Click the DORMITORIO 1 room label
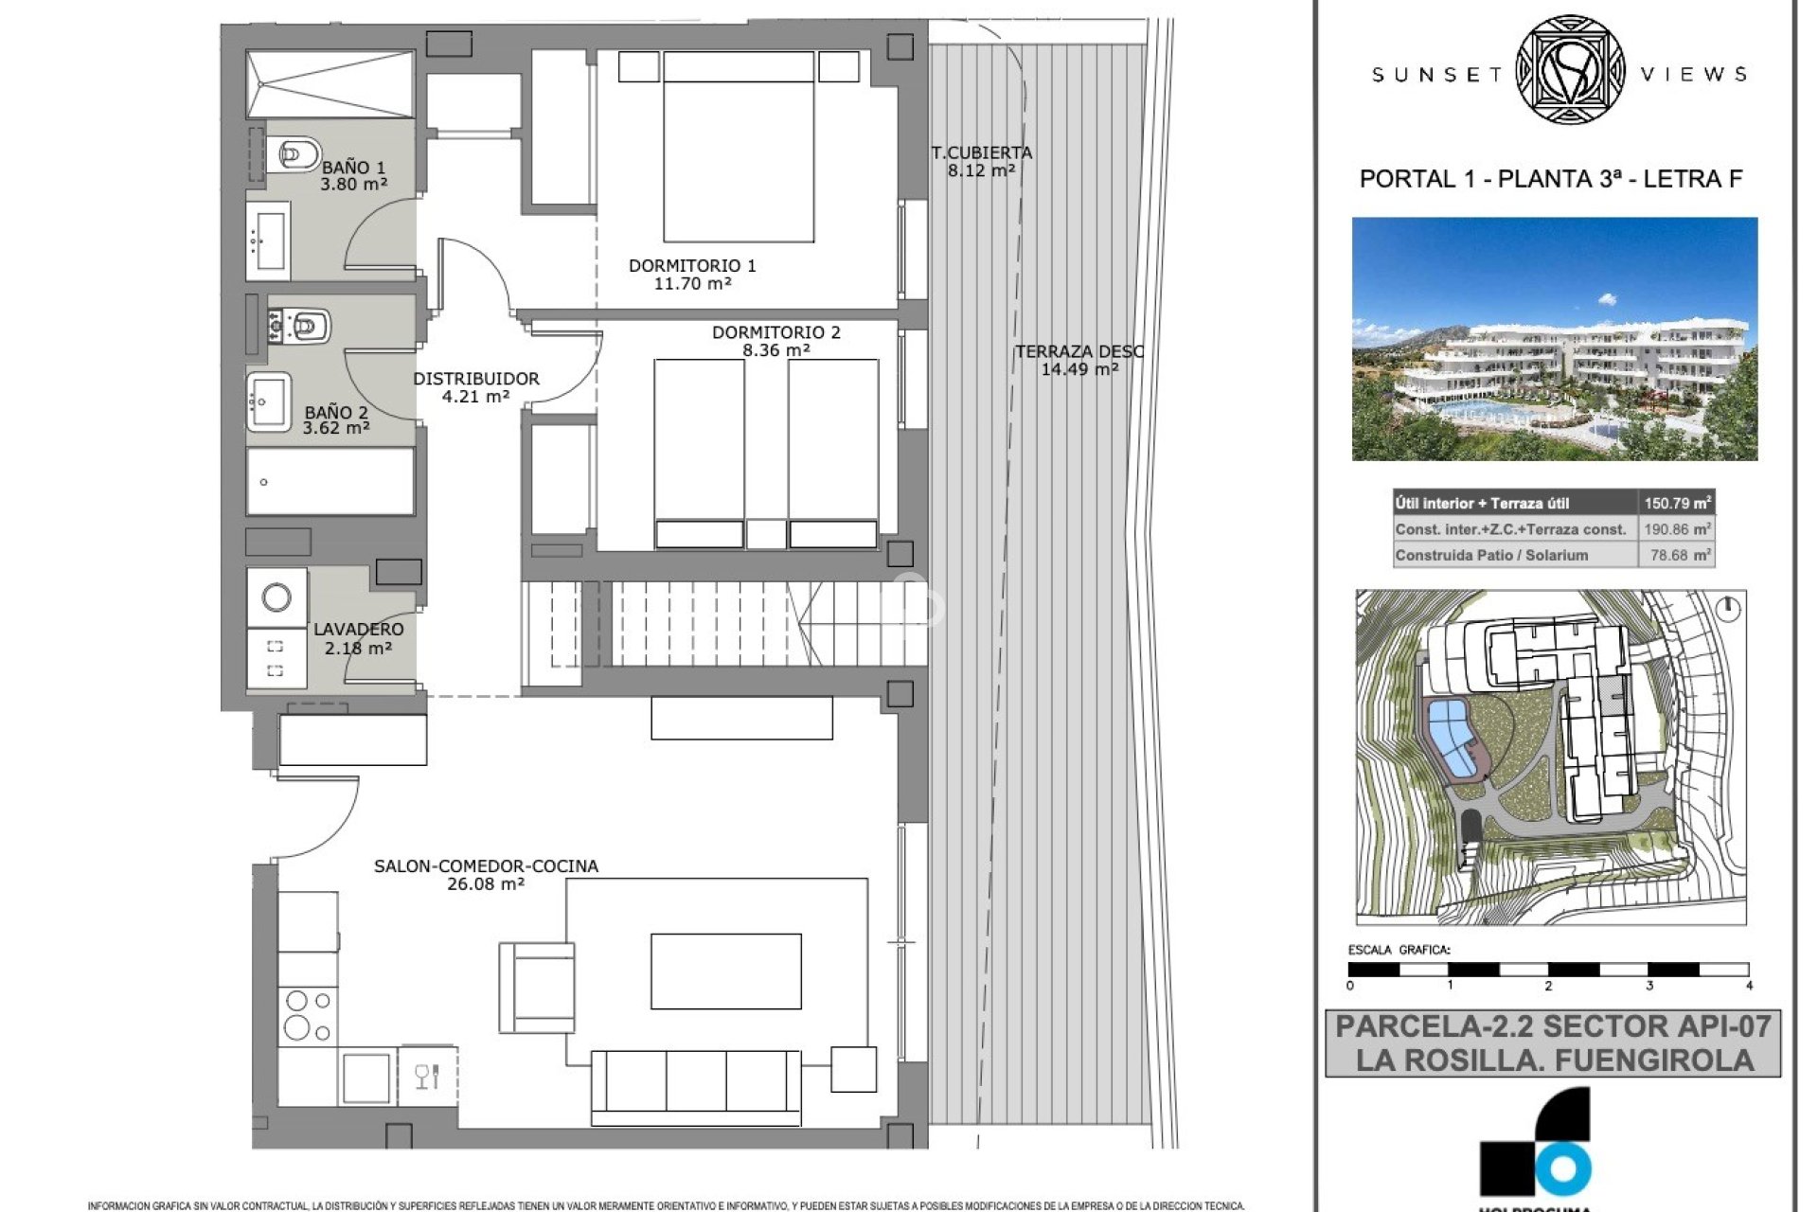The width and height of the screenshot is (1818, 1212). (692, 266)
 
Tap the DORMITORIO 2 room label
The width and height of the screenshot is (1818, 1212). (775, 332)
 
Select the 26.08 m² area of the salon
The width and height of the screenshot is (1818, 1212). (485, 884)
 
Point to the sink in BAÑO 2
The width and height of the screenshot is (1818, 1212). (269, 401)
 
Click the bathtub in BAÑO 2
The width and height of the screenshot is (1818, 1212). (330, 481)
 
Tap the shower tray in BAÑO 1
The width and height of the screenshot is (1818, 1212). (330, 84)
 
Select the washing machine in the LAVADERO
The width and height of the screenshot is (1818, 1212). (276, 597)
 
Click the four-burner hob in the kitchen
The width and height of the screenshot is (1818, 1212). (308, 1015)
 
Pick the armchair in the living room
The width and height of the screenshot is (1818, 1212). (537, 987)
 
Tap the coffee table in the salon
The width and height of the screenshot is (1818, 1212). (725, 971)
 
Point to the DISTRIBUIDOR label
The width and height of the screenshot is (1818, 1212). (475, 379)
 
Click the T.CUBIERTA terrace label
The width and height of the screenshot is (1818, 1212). (981, 152)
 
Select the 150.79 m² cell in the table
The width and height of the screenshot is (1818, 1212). (1676, 503)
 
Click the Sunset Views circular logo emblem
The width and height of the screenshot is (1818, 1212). (1570, 70)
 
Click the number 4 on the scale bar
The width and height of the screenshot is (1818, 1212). (1748, 986)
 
